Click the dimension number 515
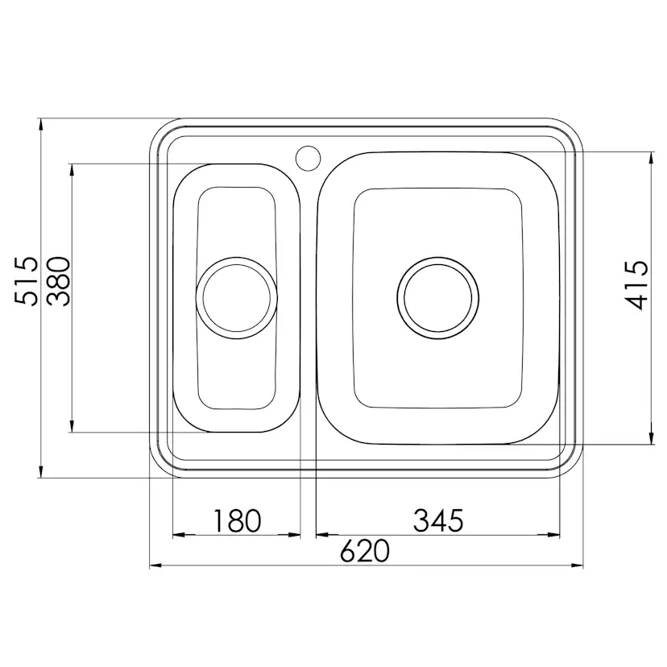coord(27,281)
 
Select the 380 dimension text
coord(58,281)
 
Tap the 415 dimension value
coord(636,285)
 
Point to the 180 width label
coord(237,520)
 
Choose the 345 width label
coord(438,520)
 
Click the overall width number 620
coord(365,550)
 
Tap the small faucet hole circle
coord(308,158)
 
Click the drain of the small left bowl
coord(237,298)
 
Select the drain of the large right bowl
coord(437,298)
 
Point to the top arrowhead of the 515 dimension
coord(40,125)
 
